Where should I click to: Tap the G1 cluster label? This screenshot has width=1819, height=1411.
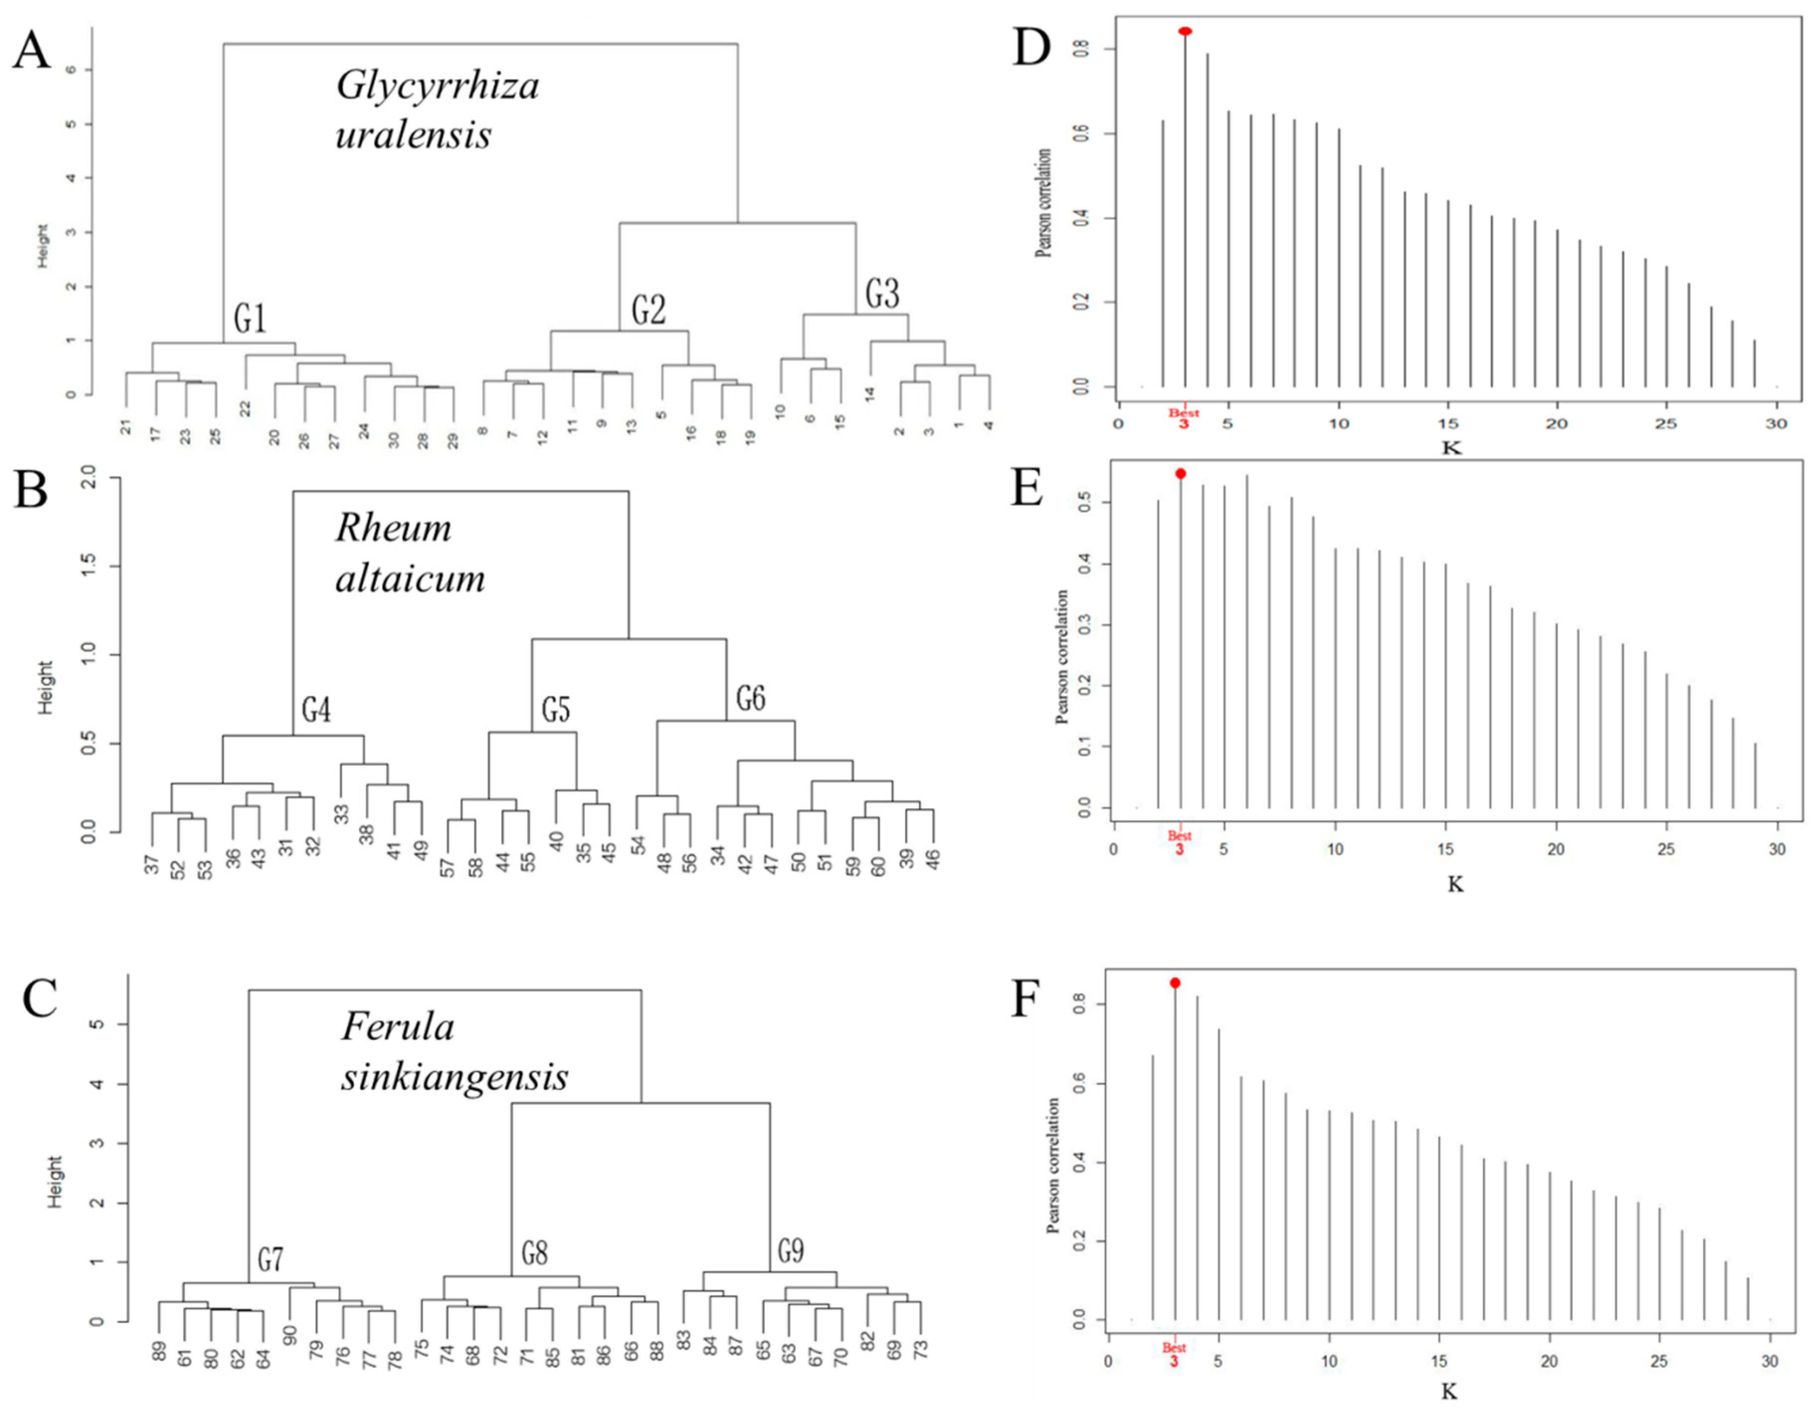pyautogui.click(x=250, y=318)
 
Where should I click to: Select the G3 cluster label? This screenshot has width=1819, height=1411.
pyautogui.click(x=882, y=294)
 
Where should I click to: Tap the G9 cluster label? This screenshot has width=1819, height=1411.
pyautogui.click(x=790, y=1250)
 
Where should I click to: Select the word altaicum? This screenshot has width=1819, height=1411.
pyautogui.click(x=410, y=578)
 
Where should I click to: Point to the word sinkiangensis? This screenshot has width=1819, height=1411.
pyautogui.click(x=455, y=1077)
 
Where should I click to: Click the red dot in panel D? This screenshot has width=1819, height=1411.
pyautogui.click(x=1185, y=32)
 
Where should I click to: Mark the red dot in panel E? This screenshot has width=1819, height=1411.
pyautogui.click(x=1180, y=474)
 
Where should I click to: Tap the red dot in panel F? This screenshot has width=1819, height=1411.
pyautogui.click(x=1175, y=983)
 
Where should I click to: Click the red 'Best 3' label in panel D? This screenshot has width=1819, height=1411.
pyautogui.click(x=1183, y=418)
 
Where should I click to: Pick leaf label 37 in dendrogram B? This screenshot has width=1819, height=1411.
pyautogui.click(x=152, y=865)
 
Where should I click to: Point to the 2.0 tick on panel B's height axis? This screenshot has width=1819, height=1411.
pyautogui.click(x=89, y=479)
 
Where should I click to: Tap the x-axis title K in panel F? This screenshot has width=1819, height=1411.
pyautogui.click(x=1449, y=1391)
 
